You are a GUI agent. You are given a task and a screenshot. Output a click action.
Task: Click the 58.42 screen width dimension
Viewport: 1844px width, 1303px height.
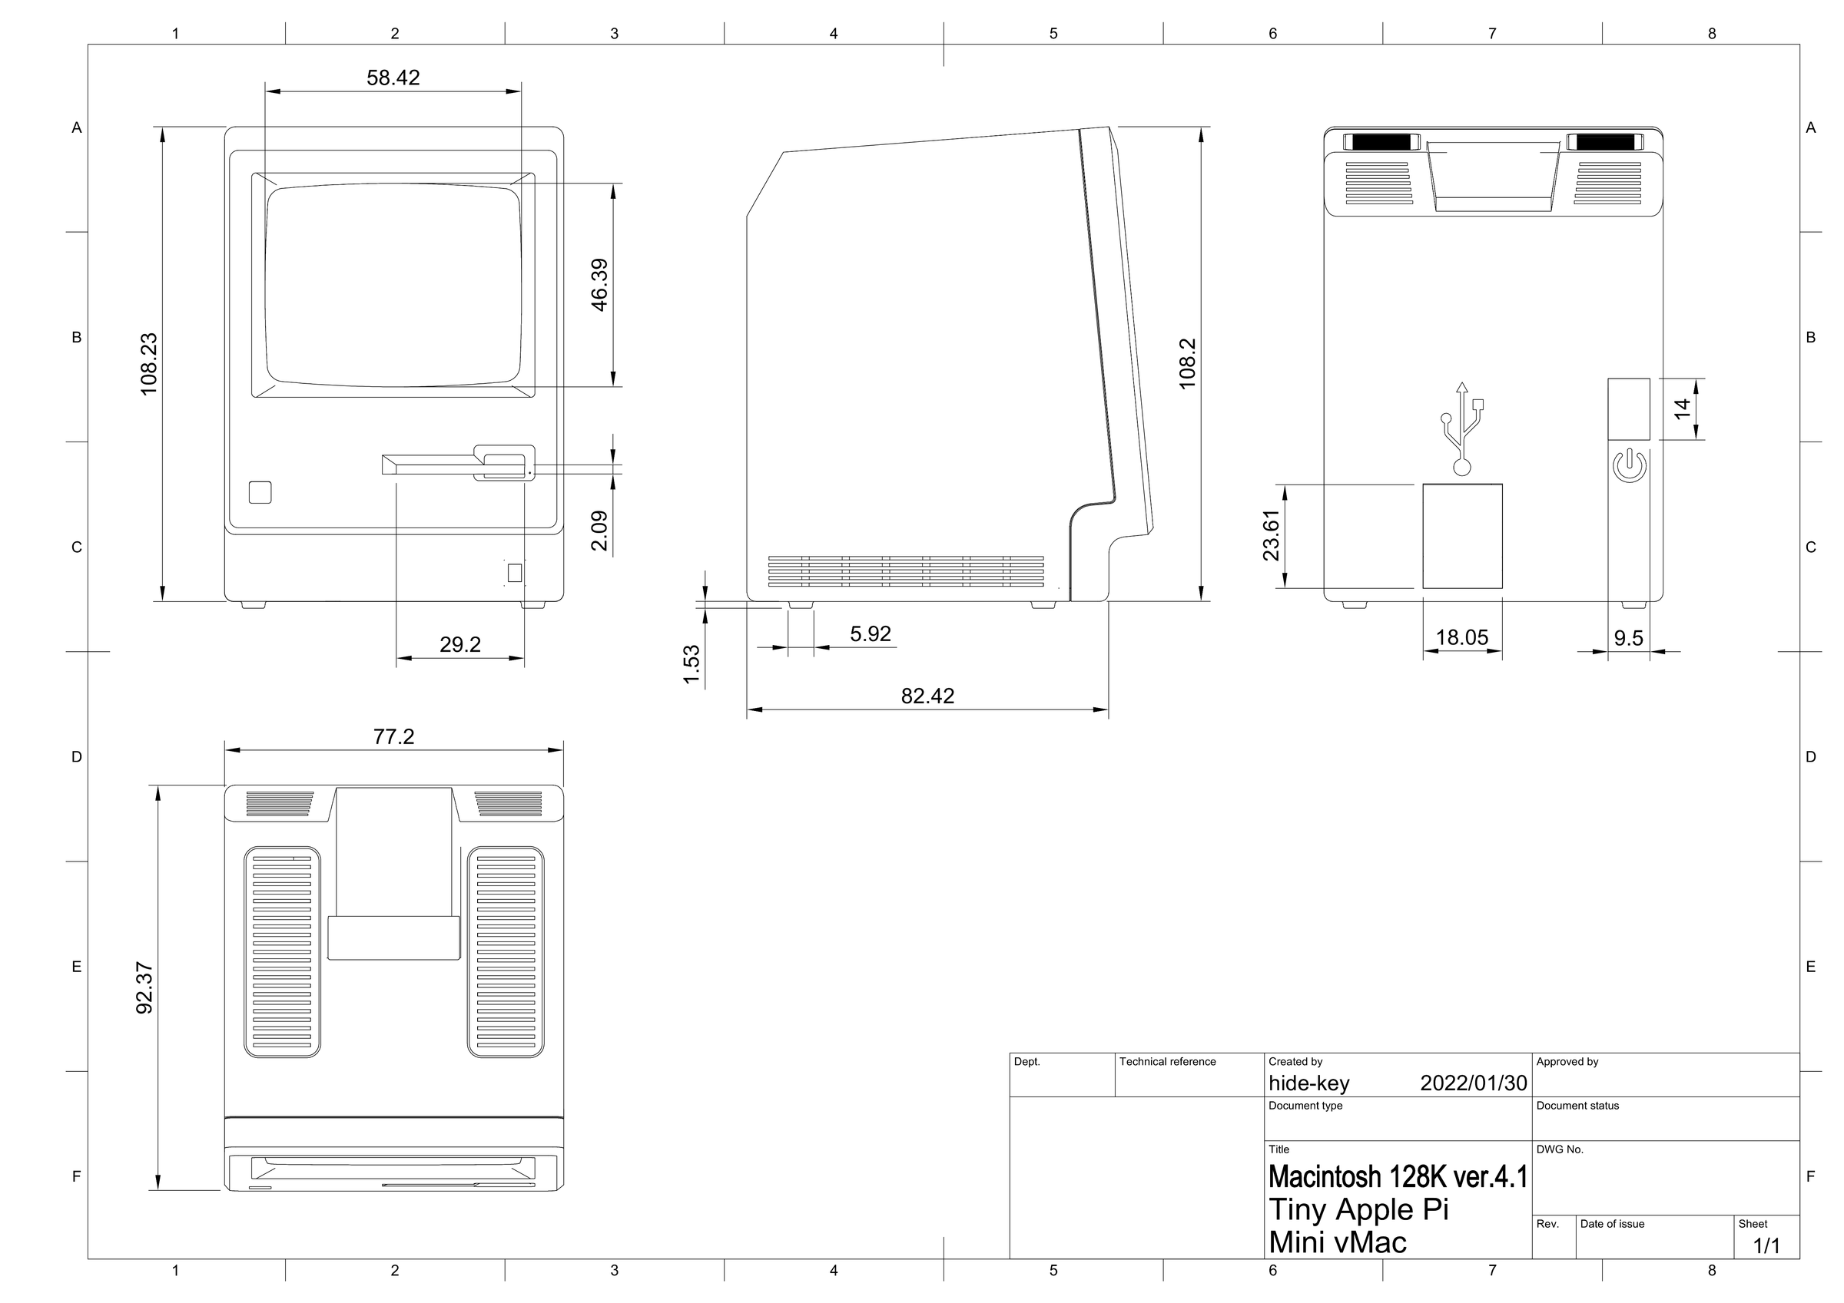tap(393, 78)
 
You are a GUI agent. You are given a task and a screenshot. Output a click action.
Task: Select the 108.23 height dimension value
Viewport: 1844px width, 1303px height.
tap(149, 364)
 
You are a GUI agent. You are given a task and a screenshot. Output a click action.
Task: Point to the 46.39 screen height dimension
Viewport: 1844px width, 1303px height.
tap(599, 284)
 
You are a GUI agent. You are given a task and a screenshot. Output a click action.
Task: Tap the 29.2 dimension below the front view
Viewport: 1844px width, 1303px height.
tap(460, 645)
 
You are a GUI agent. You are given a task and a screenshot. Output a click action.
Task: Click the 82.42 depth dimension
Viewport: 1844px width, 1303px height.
tap(927, 696)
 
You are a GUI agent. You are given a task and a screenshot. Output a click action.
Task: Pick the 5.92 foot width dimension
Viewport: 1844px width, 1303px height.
tap(871, 634)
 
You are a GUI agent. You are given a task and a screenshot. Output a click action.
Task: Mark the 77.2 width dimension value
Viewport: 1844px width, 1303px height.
tap(393, 737)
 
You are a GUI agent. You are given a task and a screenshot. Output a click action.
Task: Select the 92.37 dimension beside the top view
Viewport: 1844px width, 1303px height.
tap(144, 987)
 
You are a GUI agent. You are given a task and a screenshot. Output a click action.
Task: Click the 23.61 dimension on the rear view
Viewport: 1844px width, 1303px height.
tap(1271, 535)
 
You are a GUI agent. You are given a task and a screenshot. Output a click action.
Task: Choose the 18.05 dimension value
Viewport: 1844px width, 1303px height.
tap(1461, 637)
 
